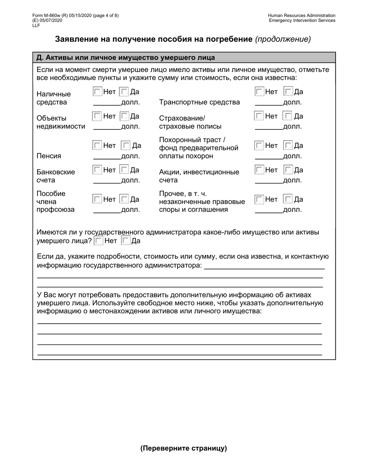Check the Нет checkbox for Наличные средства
coord(97,92)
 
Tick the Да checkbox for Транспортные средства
coord(288,92)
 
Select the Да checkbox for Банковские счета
coord(124,170)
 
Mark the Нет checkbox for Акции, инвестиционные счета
coord(259,170)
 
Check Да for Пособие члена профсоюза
coord(124,199)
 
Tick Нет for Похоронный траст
coord(259,146)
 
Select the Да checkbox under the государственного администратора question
coord(126,241)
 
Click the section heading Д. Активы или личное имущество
coord(126,58)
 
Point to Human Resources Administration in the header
coord(302,15)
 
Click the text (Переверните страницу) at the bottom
coord(183,448)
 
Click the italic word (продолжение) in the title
coord(283,39)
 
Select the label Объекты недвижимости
coord(61,122)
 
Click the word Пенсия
coord(49,156)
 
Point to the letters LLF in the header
coord(36,25)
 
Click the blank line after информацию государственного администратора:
coord(264,266)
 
